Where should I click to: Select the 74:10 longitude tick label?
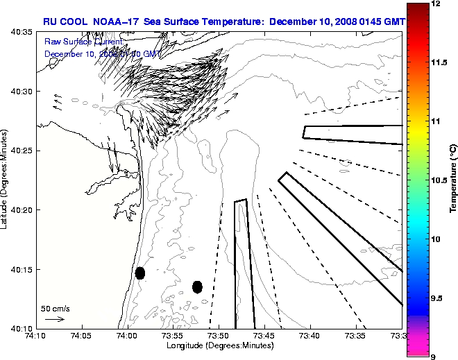tap(36, 336)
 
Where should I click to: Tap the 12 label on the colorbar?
tap(437, 4)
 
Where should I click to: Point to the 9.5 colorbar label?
tap(438, 298)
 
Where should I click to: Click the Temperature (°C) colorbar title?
tap(452, 179)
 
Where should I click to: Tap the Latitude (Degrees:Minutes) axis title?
tap(6, 180)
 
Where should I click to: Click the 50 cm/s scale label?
tap(55, 308)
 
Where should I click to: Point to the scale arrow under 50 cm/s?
tap(55, 319)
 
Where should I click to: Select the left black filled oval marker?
tap(140, 273)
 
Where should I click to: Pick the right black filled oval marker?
tap(197, 286)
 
